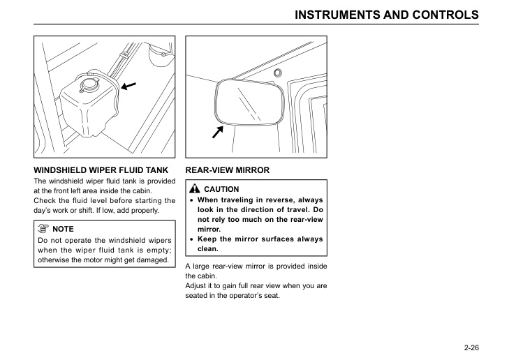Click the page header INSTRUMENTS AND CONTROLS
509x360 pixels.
click(x=387, y=15)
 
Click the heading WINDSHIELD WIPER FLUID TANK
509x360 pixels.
click(x=101, y=170)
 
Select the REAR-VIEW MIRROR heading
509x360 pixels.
click(x=227, y=170)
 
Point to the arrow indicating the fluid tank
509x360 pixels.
click(x=128, y=86)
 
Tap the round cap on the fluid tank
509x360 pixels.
click(x=89, y=86)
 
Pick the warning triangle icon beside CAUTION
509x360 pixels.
click(x=193, y=189)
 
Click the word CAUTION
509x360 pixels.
click(x=221, y=190)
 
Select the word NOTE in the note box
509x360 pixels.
click(x=63, y=229)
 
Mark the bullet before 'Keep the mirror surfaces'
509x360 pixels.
click(x=191, y=239)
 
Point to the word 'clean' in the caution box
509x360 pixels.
click(x=207, y=249)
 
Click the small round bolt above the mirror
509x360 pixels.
click(x=278, y=73)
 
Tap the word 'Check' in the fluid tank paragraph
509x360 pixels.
click(x=46, y=201)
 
